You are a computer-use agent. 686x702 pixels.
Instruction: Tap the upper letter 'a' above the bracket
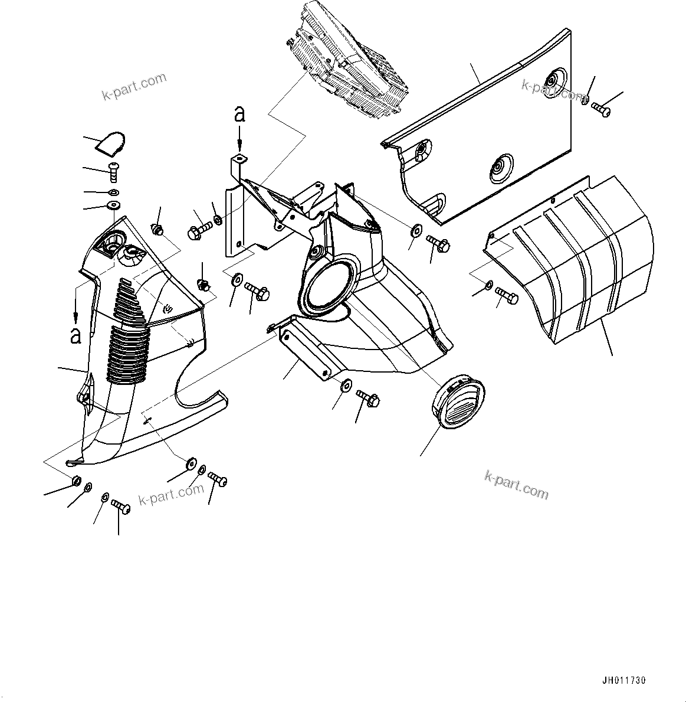[x=239, y=114]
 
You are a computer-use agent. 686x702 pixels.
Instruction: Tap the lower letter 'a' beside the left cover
[x=76, y=335]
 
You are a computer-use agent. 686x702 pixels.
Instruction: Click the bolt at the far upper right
[x=601, y=109]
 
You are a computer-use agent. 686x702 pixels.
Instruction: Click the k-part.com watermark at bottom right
[x=516, y=484]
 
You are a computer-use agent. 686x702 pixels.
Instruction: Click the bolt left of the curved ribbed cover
[x=507, y=295]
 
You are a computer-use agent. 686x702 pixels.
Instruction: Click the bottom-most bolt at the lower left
[x=121, y=506]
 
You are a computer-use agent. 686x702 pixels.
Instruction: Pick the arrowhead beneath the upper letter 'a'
[x=239, y=148]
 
